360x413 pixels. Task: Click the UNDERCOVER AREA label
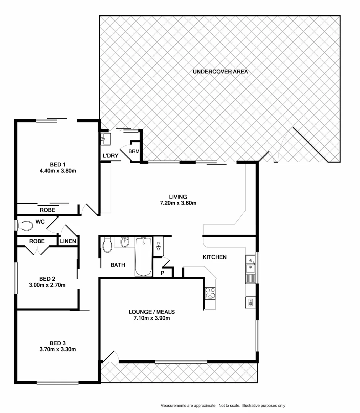220,72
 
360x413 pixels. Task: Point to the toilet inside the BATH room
108,246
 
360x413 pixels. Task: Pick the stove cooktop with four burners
210,293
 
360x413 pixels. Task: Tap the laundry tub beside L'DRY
106,138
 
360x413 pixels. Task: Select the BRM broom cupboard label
134,151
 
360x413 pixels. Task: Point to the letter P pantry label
162,273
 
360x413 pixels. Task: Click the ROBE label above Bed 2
37,241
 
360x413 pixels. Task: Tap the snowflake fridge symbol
158,246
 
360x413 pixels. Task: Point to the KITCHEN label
214,257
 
